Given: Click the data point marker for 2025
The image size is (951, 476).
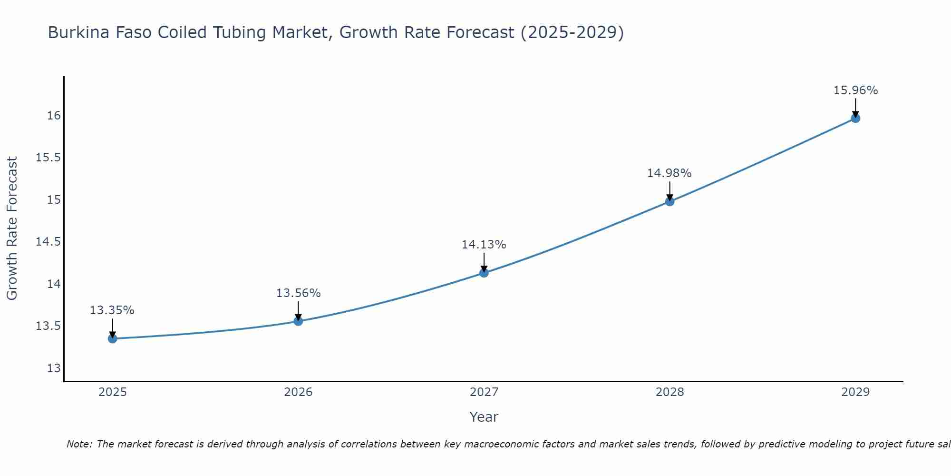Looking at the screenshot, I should pos(113,338).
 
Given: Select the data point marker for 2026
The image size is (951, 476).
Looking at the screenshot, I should pos(298,321).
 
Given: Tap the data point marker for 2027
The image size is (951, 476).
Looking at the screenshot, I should pos(484,273).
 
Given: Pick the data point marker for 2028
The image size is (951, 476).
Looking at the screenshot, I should pos(670,201).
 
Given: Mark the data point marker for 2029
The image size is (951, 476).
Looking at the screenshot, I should pos(855,118).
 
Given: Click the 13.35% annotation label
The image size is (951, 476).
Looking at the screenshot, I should pos(112,310).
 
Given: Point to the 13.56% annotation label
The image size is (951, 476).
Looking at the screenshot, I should pos(298,293).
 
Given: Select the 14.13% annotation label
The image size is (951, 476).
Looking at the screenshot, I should pos(484,245).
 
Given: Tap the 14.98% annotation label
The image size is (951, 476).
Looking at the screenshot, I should pos(670,173).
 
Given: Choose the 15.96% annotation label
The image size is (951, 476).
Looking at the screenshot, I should pos(855,90).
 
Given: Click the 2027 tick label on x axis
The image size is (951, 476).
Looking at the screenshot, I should pos(484,392).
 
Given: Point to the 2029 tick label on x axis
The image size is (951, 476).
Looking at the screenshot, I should pos(855,392).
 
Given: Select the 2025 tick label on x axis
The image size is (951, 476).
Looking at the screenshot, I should pos(113,392).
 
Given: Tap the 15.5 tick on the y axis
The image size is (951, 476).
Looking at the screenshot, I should pos(49,158).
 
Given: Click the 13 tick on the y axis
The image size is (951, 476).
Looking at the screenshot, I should pos(54,368).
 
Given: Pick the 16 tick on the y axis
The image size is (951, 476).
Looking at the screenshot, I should pos(54,116).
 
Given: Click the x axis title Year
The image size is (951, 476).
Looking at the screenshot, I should pos(484,417).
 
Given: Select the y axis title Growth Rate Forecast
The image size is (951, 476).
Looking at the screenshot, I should pos(12,228).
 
